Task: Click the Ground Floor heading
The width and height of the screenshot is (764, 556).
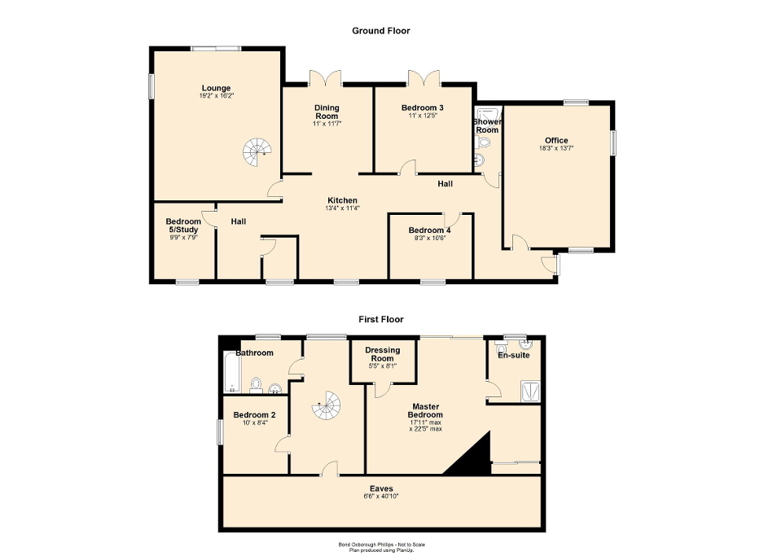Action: [x=380, y=31]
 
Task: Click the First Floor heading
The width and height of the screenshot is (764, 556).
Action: [x=380, y=320]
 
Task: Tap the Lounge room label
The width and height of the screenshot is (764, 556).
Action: [x=217, y=88]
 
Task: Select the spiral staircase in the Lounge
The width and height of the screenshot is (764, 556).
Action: [x=258, y=151]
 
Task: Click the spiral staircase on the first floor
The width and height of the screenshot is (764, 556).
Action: [x=329, y=405]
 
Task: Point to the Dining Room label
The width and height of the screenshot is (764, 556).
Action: [x=327, y=112]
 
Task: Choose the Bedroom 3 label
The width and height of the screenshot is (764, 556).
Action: [x=422, y=107]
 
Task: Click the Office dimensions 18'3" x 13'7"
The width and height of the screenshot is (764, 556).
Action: [x=556, y=148]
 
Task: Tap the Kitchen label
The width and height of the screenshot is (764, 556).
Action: [x=342, y=200]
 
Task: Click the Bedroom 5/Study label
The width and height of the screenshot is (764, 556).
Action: [x=183, y=225]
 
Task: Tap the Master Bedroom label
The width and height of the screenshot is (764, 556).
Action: [x=426, y=410]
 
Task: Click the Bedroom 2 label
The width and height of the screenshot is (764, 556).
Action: [x=254, y=415]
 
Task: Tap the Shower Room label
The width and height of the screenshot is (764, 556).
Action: [x=487, y=125]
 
